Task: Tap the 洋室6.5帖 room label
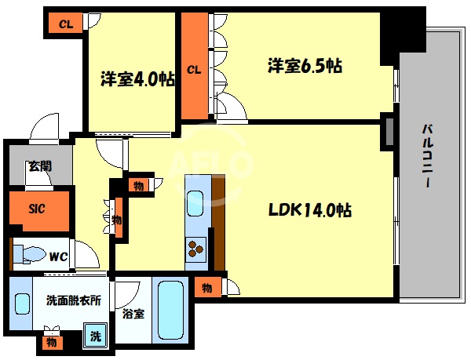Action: pos(305,67)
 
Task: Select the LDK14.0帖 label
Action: pos(310,210)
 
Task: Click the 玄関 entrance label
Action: pos(39,166)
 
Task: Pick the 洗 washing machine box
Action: pos(94,335)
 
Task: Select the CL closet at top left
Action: pos(66,24)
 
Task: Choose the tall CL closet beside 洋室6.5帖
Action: pos(194,69)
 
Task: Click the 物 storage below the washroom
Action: pos(51,343)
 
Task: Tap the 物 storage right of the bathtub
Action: pos(207,287)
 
